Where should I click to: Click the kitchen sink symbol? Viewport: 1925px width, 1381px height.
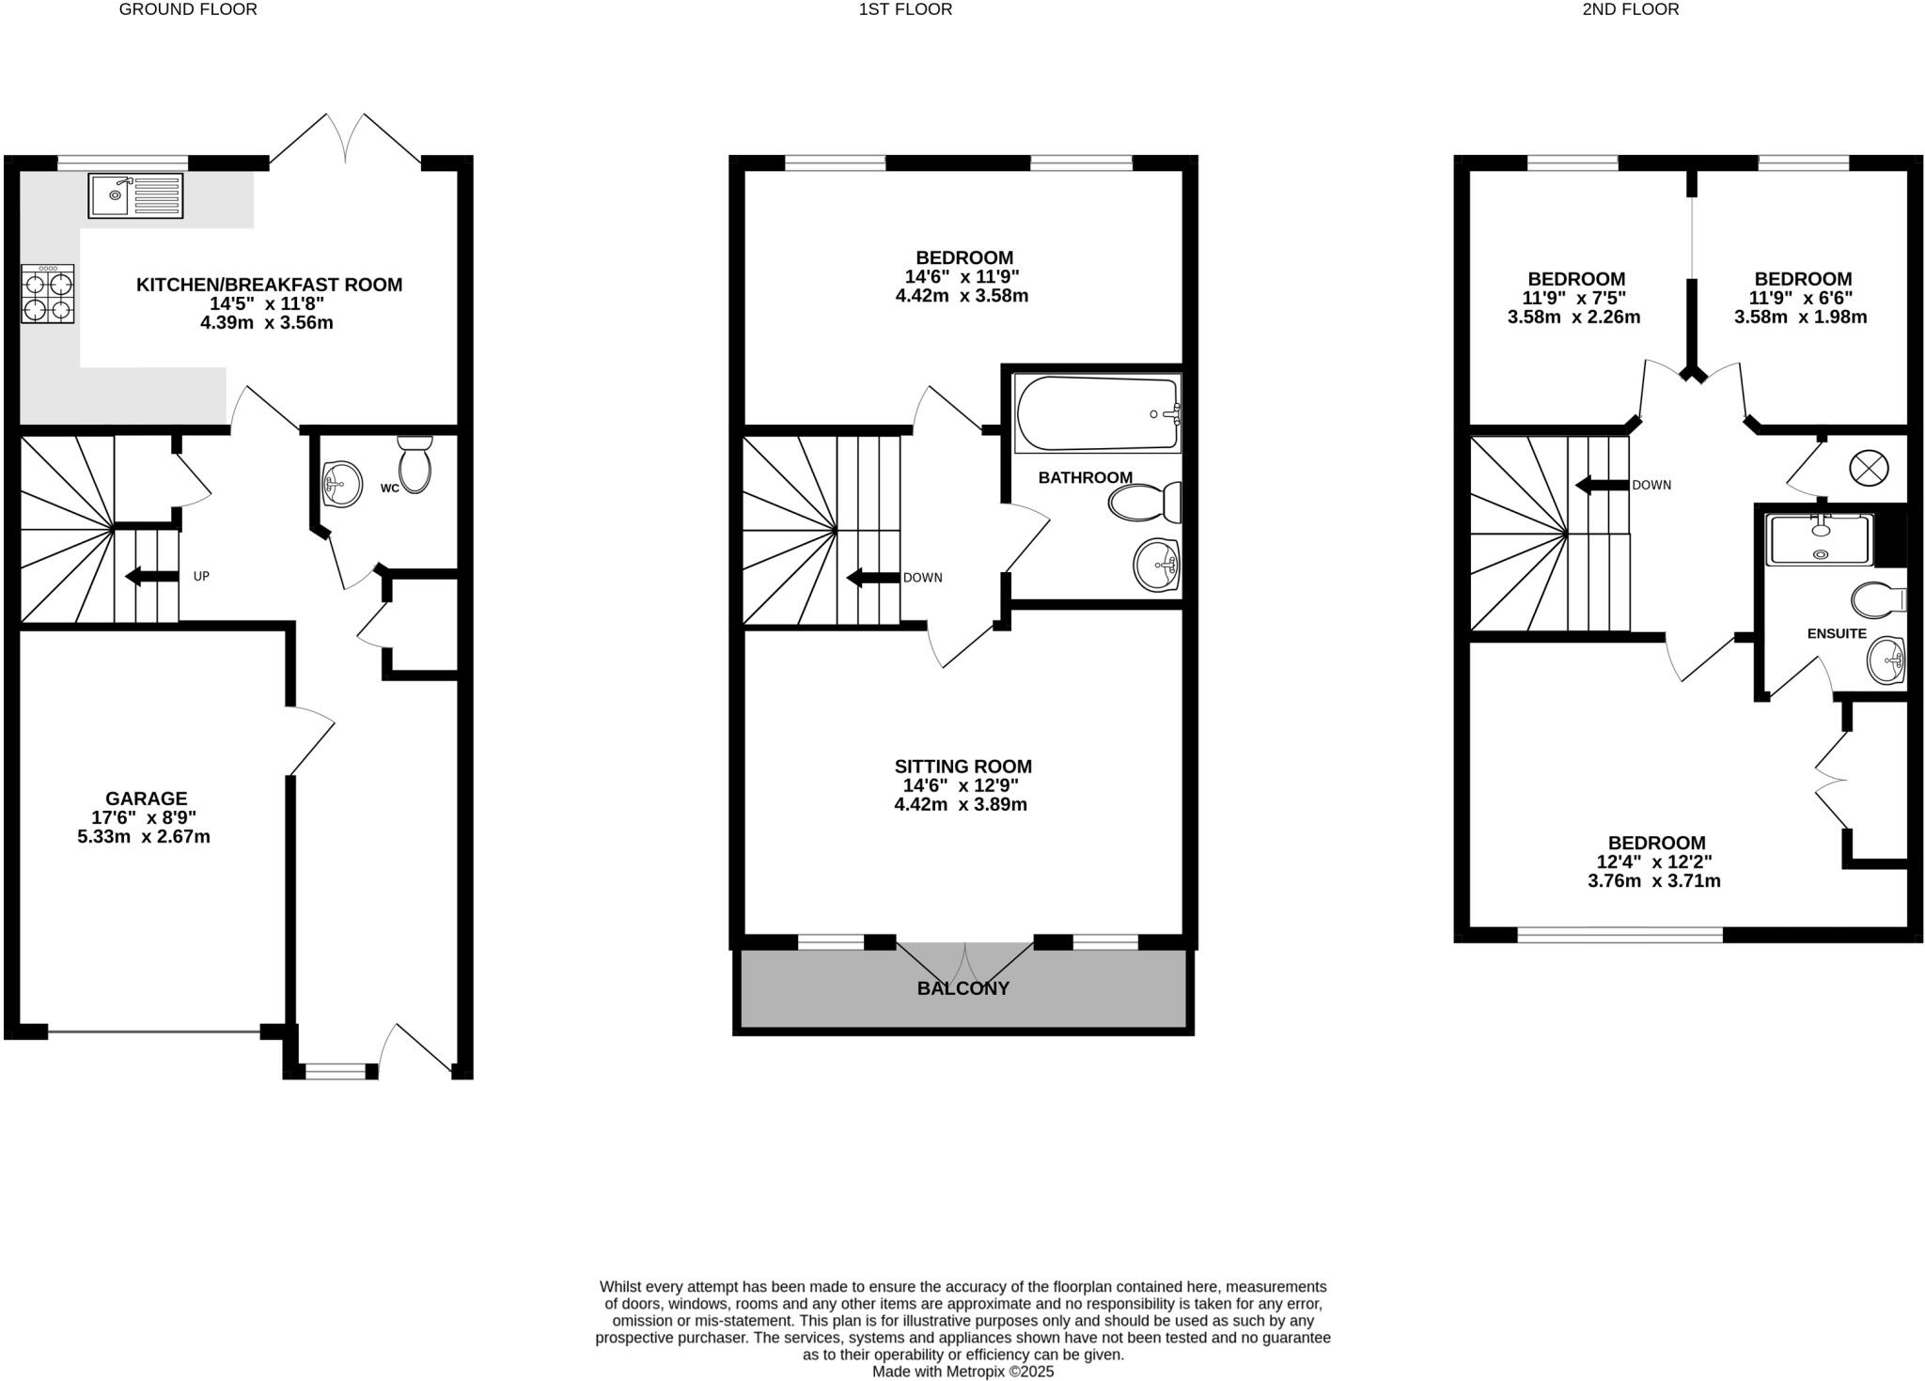pyautogui.click(x=136, y=194)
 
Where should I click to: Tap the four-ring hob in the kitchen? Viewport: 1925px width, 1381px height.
pyautogui.click(x=48, y=294)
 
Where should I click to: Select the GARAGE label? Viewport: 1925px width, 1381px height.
pyautogui.click(x=146, y=799)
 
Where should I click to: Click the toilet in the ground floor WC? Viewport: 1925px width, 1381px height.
pyautogui.click(x=415, y=464)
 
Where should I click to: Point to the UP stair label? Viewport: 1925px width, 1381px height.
pyautogui.click(x=201, y=576)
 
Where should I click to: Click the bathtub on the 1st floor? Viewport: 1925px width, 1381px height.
pyautogui.click(x=1097, y=413)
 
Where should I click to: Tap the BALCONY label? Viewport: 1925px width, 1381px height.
pyautogui.click(x=963, y=988)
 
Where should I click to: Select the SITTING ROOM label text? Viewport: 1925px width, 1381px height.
pyautogui.click(x=962, y=767)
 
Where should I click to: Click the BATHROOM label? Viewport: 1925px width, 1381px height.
pyautogui.click(x=1085, y=477)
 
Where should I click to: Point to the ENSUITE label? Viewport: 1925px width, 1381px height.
pyautogui.click(x=1837, y=633)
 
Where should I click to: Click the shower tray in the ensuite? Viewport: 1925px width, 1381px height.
pyautogui.click(x=1821, y=539)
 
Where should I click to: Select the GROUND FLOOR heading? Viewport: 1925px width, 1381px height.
pyautogui.click(x=188, y=9)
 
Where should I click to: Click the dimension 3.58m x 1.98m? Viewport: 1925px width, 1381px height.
pyautogui.click(x=1800, y=317)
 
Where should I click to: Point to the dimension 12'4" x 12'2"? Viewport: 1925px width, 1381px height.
pyautogui.click(x=1654, y=861)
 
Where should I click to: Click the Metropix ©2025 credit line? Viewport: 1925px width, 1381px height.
pyautogui.click(x=962, y=1371)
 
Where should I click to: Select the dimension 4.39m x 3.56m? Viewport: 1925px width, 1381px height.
pyautogui.click(x=268, y=322)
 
